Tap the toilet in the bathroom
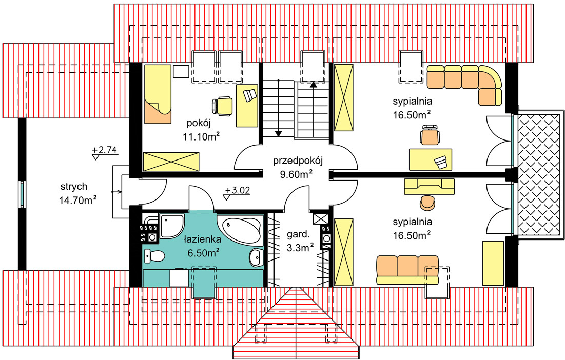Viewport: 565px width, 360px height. [x=154, y=255]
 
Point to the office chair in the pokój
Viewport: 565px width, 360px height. [x=222, y=105]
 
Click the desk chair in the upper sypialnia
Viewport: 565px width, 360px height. [x=430, y=135]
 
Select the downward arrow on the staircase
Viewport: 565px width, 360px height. [x=279, y=133]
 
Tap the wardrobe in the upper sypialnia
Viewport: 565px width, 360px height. [x=343, y=97]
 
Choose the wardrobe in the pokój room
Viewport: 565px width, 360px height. [x=170, y=162]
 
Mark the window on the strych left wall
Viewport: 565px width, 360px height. [x=22, y=194]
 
